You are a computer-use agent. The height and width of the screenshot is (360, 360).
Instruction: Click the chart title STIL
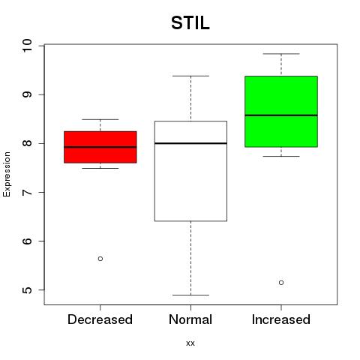(190, 23)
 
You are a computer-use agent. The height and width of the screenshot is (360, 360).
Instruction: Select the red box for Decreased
(100, 147)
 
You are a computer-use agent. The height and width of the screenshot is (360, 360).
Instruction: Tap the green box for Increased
(281, 112)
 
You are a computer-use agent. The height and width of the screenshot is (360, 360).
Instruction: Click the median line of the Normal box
(190, 143)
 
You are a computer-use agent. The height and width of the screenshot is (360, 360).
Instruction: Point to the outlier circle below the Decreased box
(100, 259)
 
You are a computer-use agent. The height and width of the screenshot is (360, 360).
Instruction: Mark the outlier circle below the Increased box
(281, 283)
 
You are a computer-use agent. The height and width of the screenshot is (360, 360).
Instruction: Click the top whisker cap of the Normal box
(190, 76)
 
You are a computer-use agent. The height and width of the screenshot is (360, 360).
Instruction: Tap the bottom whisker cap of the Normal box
(190, 295)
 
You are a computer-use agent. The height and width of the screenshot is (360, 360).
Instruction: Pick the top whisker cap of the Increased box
(281, 54)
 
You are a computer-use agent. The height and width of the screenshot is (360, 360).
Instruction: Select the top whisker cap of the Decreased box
(100, 119)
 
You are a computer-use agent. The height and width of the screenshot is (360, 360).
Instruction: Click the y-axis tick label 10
(27, 46)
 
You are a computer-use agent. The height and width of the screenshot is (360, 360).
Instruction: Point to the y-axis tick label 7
(27, 192)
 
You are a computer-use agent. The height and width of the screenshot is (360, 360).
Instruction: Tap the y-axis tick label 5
(27, 290)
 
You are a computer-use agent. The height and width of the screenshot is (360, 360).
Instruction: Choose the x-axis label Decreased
(100, 319)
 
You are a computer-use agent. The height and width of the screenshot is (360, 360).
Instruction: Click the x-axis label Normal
(190, 319)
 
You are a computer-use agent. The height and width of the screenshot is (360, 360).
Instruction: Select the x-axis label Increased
(281, 319)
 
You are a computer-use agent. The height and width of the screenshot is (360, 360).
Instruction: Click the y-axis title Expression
(7, 174)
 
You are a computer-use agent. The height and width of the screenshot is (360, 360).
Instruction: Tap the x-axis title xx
(190, 343)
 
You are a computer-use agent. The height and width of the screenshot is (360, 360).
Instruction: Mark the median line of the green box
(281, 115)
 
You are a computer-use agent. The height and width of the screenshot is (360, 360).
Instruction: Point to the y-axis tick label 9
(27, 94)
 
